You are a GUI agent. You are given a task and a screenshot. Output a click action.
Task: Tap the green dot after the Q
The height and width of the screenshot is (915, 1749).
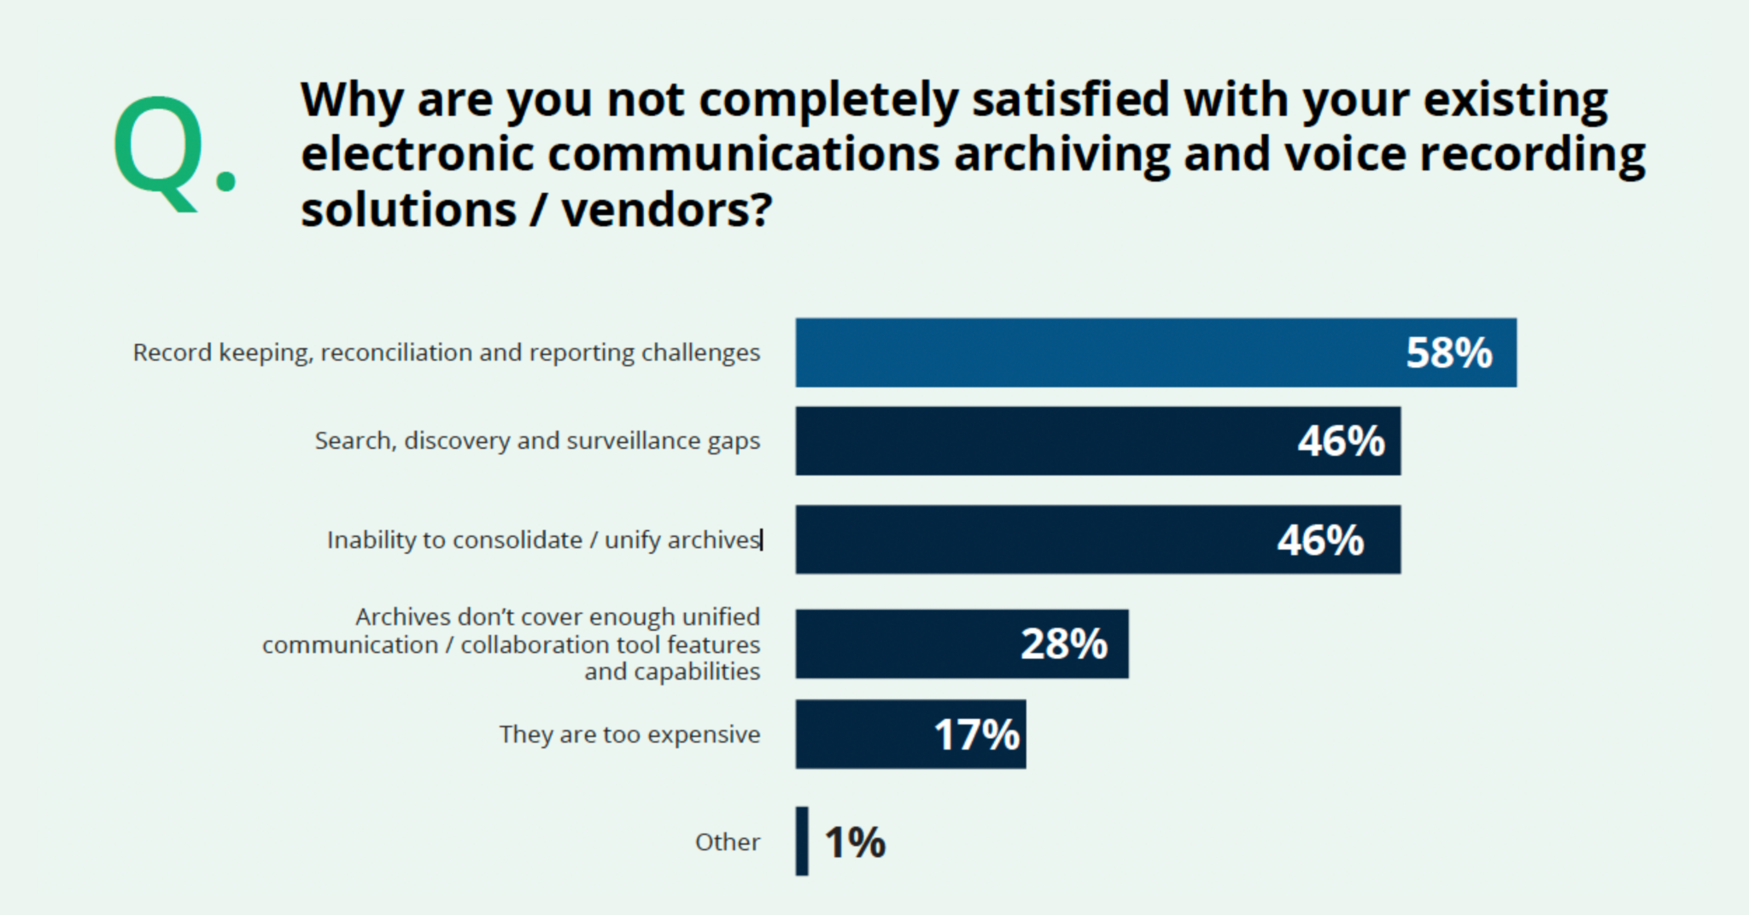pos(226,179)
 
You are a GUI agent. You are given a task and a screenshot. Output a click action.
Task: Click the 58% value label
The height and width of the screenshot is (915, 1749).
pos(1448,353)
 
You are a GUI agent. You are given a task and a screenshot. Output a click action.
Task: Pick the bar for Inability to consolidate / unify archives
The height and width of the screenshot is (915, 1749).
pos(1025,539)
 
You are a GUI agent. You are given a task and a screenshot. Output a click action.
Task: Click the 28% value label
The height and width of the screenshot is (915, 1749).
pos(1064,644)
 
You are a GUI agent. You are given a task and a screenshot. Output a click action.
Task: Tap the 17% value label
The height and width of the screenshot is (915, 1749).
pos(977,735)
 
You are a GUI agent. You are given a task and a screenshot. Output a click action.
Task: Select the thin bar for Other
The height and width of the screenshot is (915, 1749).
pos(802,842)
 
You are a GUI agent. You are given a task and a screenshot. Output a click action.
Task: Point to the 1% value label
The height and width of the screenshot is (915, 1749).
pos(855,842)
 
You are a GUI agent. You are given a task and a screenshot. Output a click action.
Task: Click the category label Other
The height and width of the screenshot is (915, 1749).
pos(727,842)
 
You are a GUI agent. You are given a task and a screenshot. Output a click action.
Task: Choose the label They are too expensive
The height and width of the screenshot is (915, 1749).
pos(629,735)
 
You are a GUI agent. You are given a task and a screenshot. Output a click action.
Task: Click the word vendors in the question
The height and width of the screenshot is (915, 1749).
pos(666,210)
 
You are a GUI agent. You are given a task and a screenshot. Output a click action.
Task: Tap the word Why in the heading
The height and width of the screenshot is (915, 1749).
pos(352,101)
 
